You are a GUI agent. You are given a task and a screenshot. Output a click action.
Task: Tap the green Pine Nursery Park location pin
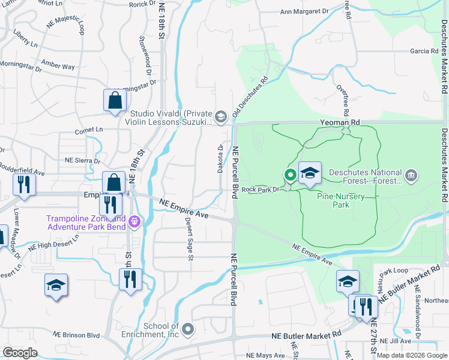tap(290, 175)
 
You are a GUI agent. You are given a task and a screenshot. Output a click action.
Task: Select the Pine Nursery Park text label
tap(333, 200)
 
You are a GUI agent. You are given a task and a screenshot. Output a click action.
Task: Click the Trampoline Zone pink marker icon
tap(134, 222)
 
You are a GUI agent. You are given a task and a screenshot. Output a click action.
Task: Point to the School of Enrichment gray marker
tap(188, 328)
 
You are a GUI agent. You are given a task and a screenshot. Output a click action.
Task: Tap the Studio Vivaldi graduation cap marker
tap(221, 116)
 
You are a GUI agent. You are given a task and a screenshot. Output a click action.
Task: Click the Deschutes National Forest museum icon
tap(411, 175)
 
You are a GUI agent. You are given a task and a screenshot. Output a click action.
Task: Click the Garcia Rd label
tap(424, 52)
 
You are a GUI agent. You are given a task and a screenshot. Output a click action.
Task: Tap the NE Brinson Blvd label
tap(76, 334)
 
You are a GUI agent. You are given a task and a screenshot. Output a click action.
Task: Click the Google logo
tap(20, 353)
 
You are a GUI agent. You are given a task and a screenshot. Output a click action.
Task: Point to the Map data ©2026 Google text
tap(411, 355)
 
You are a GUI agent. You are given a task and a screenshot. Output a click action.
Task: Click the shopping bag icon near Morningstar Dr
tap(114, 101)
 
